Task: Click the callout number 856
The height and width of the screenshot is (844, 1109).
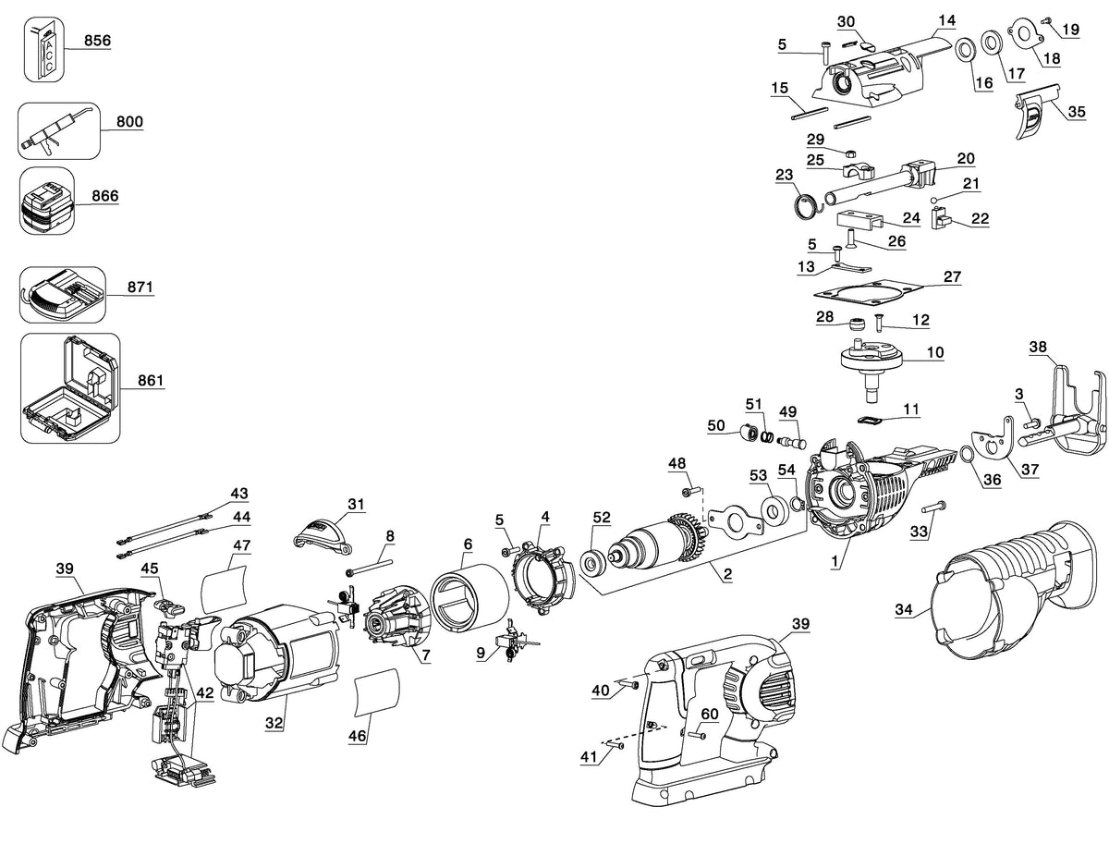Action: (x=98, y=40)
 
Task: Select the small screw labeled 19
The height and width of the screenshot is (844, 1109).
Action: (x=1043, y=21)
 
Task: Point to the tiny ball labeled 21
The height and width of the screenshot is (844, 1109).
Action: (x=933, y=199)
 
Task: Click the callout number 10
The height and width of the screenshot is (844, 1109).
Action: (x=935, y=352)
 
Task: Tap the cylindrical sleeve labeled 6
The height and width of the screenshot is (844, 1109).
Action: (x=469, y=598)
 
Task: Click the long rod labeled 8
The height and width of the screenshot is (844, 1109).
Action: (x=369, y=567)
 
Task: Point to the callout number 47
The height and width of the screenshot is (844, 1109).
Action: (x=242, y=545)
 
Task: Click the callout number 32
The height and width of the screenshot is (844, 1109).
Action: (x=274, y=722)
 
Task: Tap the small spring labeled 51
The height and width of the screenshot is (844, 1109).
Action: (x=768, y=435)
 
